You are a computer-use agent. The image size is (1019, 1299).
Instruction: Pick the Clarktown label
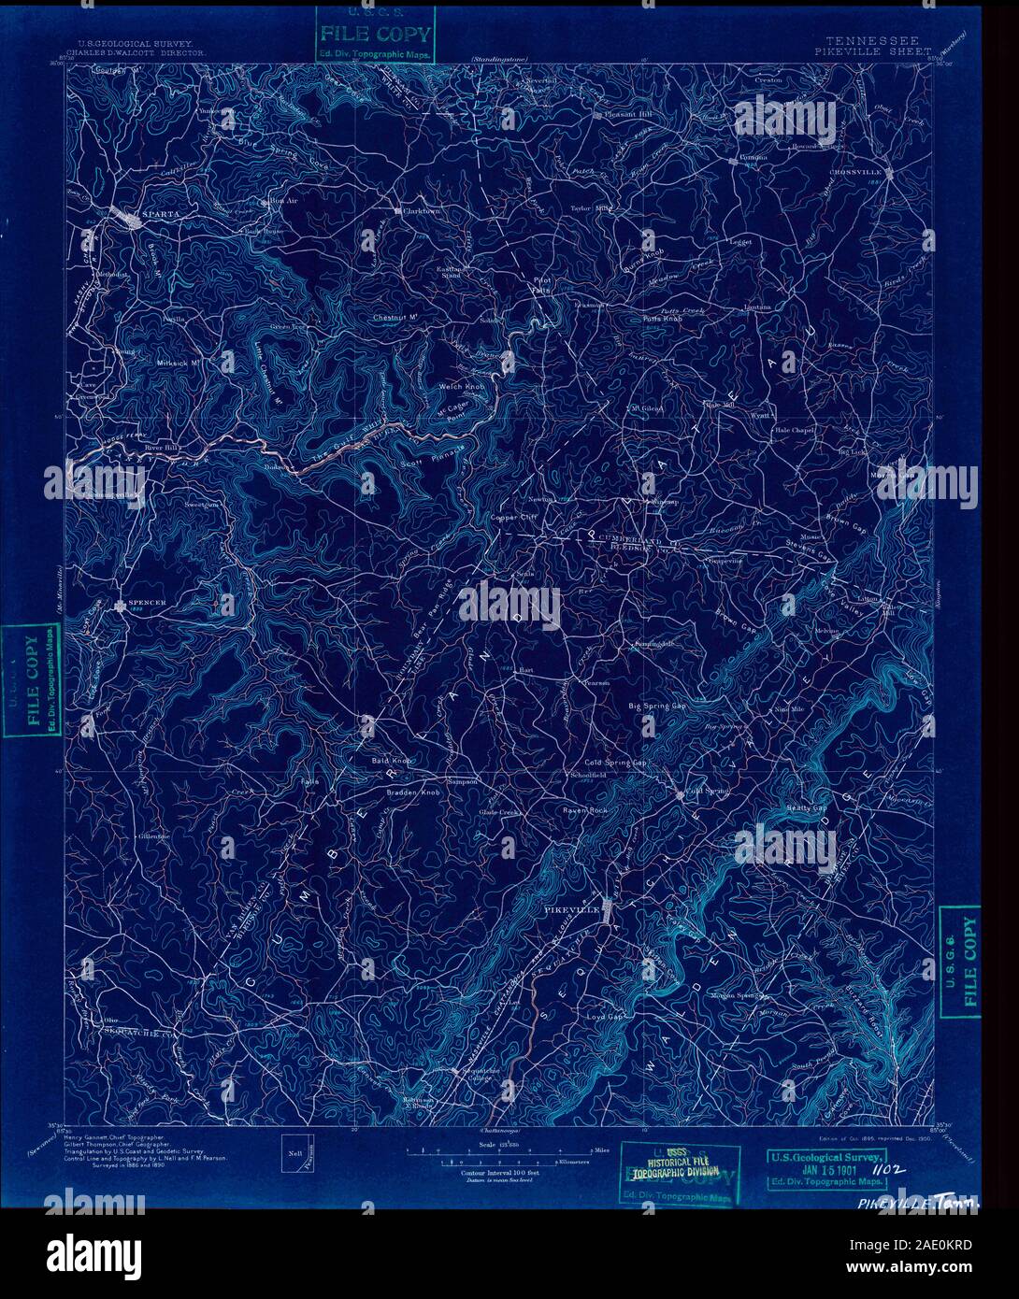421,211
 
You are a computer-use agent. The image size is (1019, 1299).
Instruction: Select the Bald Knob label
394,761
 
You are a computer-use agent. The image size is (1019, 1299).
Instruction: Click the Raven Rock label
585,809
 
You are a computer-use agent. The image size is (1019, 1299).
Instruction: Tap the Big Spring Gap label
656,706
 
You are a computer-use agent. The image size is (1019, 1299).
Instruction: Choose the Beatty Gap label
808,807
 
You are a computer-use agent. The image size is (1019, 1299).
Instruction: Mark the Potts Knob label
662,319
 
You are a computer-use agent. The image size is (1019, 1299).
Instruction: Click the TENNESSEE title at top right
872,41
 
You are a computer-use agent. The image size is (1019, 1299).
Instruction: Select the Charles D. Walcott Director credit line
140,53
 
